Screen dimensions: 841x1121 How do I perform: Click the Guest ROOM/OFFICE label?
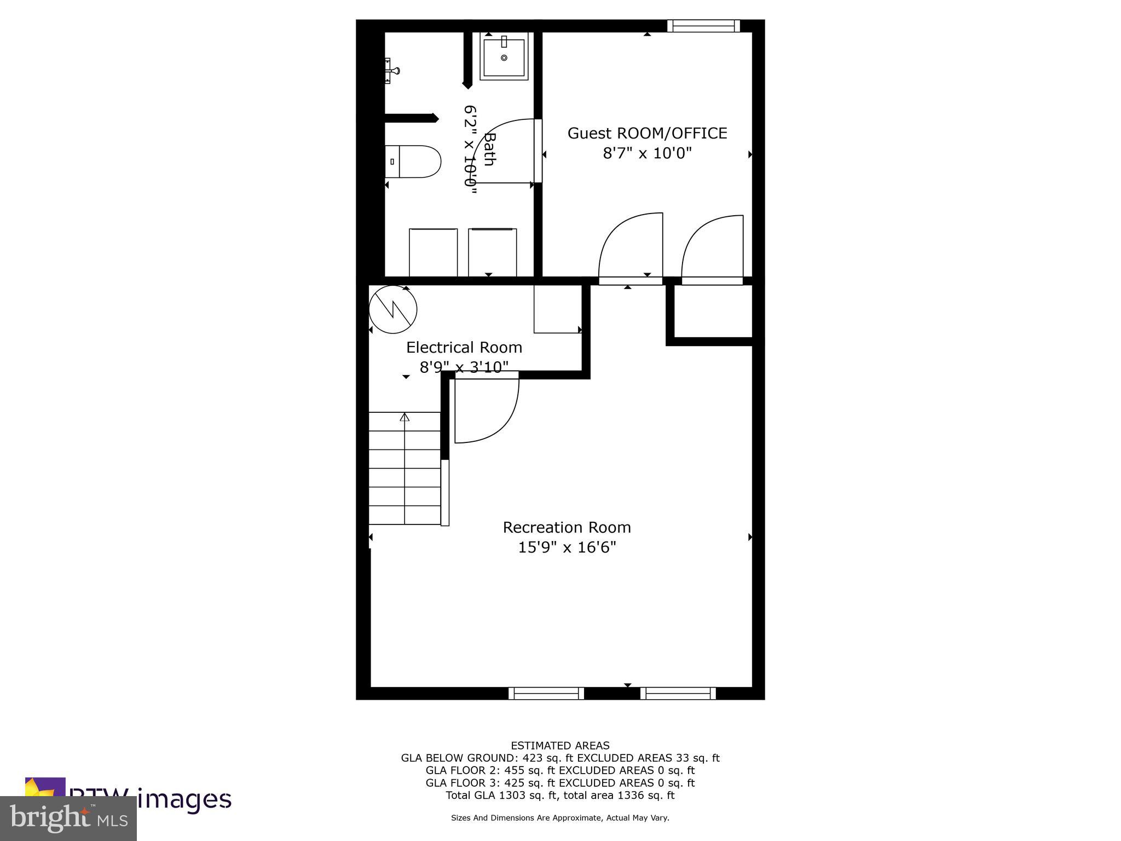click(647, 133)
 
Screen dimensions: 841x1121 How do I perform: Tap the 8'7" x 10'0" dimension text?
click(647, 153)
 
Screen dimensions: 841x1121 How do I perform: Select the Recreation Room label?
click(567, 527)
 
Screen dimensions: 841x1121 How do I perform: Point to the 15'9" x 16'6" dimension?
click(567, 547)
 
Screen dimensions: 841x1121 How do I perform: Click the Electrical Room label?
click(464, 348)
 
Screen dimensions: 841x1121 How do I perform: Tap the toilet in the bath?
click(413, 162)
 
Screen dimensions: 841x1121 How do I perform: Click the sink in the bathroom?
click(504, 56)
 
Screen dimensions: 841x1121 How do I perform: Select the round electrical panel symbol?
click(393, 309)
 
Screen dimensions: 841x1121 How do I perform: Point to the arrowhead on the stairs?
click(405, 417)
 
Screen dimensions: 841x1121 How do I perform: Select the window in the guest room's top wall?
click(703, 26)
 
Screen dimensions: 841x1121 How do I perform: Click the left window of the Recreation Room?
click(546, 693)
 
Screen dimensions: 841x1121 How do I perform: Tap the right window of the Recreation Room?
click(678, 693)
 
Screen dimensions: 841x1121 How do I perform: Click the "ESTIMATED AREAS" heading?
click(560, 745)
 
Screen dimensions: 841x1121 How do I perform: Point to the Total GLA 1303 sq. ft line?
click(560, 795)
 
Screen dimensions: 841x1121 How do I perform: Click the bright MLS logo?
click(68, 819)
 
